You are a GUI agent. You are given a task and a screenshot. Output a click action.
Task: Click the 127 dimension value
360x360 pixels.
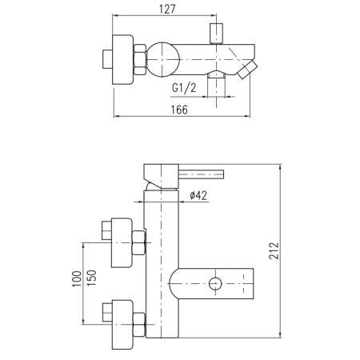(x=168, y=9)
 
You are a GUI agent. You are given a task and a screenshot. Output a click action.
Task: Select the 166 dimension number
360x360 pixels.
(x=179, y=110)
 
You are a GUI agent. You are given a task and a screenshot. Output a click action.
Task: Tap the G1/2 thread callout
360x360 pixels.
(x=184, y=87)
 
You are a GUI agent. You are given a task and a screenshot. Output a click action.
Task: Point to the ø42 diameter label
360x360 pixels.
(x=198, y=195)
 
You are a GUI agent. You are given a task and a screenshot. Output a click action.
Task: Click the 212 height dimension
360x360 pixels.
(x=274, y=250)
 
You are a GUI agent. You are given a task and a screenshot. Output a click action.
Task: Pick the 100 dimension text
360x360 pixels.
(x=77, y=278)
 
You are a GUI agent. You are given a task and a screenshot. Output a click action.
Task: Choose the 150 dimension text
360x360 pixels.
(x=91, y=278)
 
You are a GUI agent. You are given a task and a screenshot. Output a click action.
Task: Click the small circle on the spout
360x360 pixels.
(x=215, y=283)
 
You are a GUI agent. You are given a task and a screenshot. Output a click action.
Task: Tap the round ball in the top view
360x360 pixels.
(x=162, y=59)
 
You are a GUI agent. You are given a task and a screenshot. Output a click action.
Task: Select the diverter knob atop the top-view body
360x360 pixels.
(x=216, y=34)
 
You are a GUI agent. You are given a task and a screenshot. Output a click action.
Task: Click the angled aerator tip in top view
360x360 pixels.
(x=248, y=70)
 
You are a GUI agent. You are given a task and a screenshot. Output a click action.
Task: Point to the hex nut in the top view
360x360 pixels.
(x=139, y=59)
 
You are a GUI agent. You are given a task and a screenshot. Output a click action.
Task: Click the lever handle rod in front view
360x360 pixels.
(x=201, y=174)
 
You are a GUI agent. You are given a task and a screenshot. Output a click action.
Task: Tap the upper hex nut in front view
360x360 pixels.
(x=138, y=242)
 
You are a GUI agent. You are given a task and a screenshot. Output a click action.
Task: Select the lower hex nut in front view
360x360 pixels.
(x=138, y=325)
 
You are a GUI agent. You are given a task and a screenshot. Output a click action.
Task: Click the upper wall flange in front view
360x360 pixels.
(x=122, y=242)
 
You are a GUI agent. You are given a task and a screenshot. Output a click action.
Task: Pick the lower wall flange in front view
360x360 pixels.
(x=122, y=325)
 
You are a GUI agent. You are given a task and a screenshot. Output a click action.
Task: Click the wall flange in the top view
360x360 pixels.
(x=122, y=59)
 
